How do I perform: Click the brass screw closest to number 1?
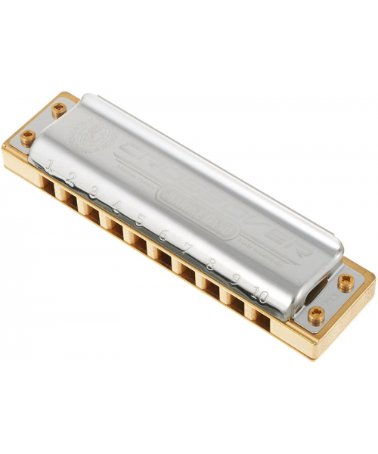click(28, 136)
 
